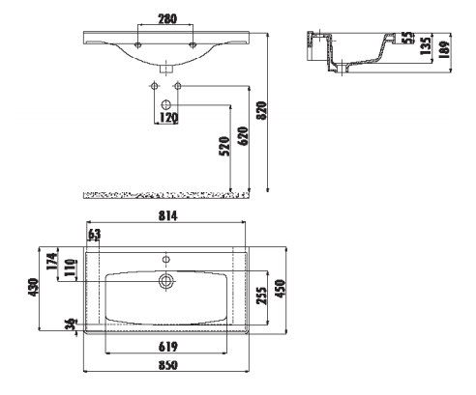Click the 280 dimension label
167,18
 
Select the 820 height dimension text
262,110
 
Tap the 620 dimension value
244,136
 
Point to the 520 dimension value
224,146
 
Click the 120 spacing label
168,118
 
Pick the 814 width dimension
167,216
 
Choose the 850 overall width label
167,365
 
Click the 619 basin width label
167,347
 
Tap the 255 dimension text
262,296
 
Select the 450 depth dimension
281,289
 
